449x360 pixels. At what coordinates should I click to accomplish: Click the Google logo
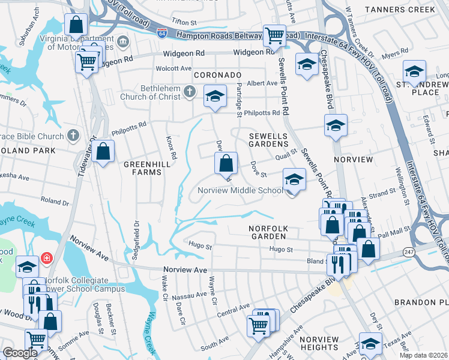pyautogui.click(x=20, y=353)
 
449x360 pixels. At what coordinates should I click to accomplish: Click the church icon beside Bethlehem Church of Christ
pyautogui.click(x=190, y=92)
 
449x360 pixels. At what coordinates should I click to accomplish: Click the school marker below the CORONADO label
pyautogui.click(x=215, y=97)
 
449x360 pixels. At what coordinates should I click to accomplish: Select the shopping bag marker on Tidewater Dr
pyautogui.click(x=103, y=151)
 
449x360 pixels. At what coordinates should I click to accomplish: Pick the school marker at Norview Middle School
pyautogui.click(x=294, y=179)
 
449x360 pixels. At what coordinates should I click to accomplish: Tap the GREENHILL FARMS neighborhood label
pyautogui.click(x=142, y=167)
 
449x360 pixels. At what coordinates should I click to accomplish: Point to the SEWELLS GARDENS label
pyautogui.click(x=269, y=140)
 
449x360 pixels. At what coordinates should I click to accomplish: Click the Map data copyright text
pyautogui.click(x=423, y=355)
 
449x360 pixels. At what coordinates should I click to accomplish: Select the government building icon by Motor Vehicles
pyautogui.click(x=123, y=41)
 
